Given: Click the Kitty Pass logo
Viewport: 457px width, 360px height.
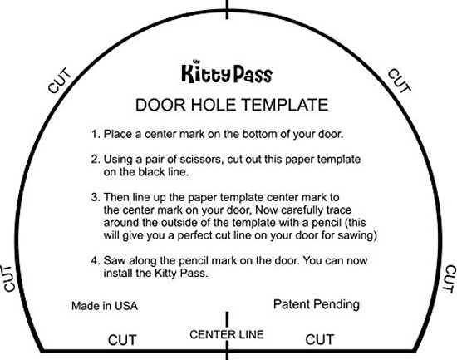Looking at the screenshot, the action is [227, 72].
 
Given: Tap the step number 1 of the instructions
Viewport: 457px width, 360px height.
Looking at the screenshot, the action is [95, 134].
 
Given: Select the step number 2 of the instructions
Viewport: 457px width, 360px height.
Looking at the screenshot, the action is [96, 160].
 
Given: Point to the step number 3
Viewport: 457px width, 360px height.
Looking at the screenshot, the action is [96, 197].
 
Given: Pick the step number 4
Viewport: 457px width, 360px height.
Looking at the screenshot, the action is [96, 260].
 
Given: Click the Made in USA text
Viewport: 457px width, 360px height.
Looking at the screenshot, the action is [105, 306].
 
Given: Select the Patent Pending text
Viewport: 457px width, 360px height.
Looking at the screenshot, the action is [317, 304].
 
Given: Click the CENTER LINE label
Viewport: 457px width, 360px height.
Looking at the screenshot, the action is [227, 334].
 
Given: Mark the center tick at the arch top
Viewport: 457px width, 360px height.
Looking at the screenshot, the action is [227, 10].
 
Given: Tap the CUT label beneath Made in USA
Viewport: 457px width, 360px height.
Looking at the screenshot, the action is [122, 340].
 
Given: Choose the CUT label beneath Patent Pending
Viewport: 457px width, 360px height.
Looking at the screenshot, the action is [320, 340].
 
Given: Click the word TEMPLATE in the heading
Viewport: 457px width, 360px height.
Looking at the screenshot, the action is [284, 105].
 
